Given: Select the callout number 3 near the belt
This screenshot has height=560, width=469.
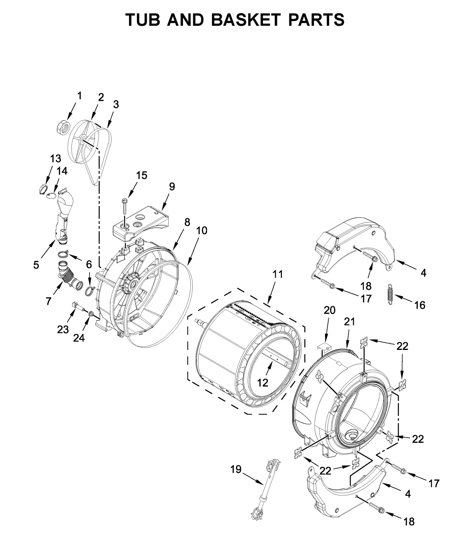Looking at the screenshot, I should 116,104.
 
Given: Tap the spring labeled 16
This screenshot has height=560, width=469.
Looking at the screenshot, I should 390,294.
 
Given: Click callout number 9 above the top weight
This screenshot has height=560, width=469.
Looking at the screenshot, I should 172,186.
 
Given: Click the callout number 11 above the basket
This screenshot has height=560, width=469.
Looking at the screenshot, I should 278,274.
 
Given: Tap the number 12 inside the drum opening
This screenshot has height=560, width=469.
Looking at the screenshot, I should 263,383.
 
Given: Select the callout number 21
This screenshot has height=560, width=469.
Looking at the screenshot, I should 349,321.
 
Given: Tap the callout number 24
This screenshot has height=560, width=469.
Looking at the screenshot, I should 79,338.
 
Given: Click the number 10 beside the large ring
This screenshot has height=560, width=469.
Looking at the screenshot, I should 202,230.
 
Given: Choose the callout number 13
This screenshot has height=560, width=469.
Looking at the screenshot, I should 55,159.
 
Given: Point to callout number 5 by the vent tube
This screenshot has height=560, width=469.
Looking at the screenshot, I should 36,265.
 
